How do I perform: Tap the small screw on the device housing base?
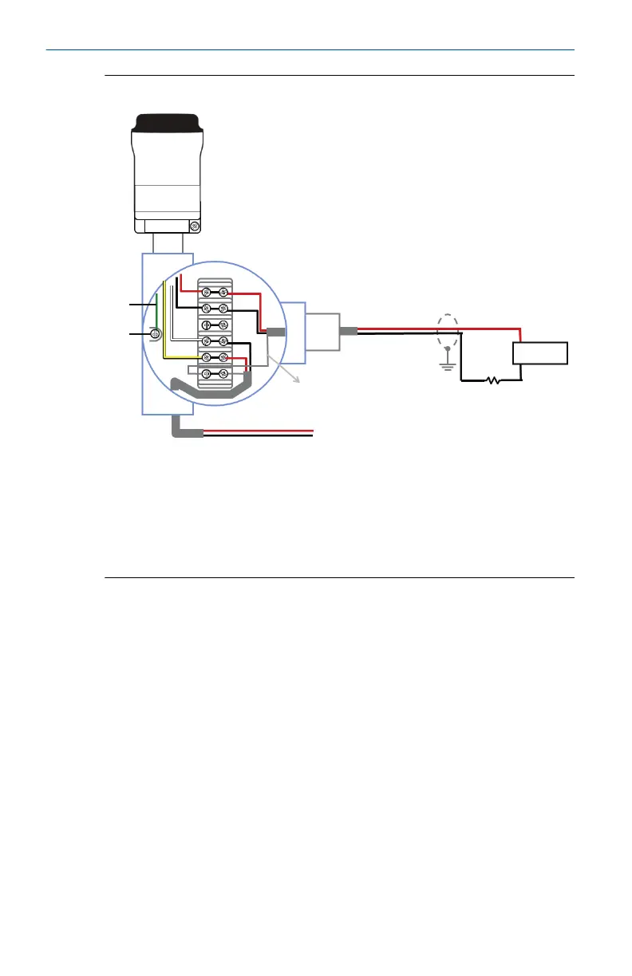point(195,227)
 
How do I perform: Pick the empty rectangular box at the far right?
point(539,352)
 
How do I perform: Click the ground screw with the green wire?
point(156,335)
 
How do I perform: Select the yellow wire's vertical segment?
point(164,319)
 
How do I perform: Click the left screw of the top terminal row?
point(206,292)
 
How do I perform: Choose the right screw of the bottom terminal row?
point(224,373)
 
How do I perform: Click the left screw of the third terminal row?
point(206,325)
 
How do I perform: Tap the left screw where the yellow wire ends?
point(206,357)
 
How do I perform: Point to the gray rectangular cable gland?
point(324,332)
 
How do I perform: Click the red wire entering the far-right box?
point(520,334)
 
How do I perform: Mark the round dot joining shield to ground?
point(448,348)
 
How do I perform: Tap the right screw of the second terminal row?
point(224,308)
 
